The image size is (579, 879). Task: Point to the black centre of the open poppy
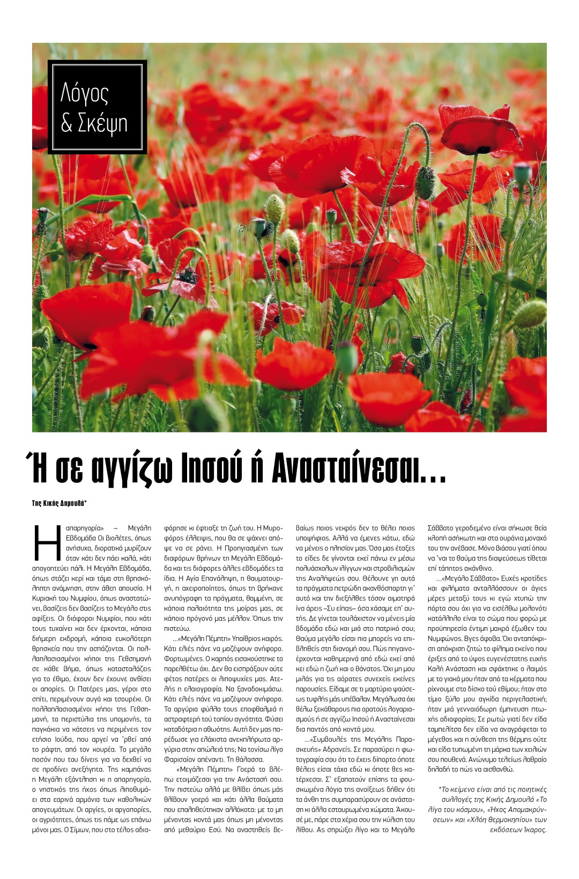[x=187, y=277]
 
